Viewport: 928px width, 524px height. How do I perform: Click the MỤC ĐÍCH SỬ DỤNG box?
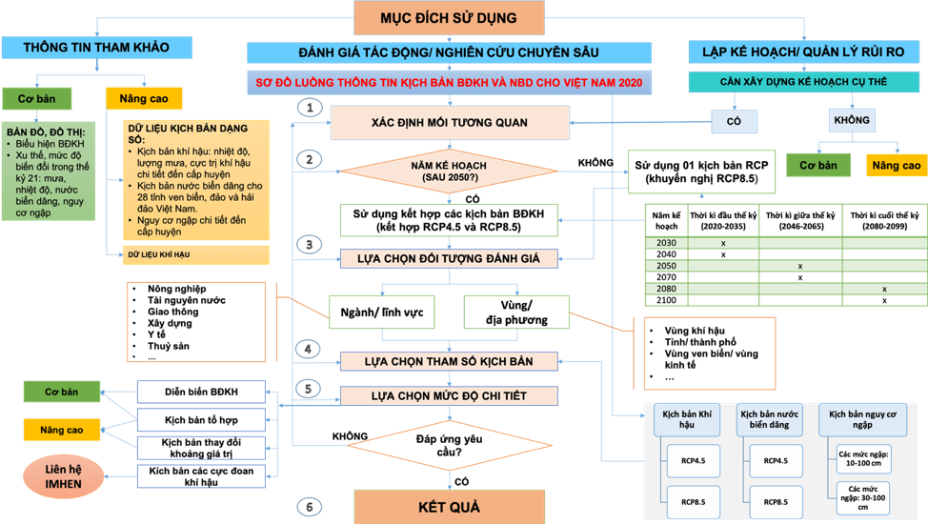tap(449, 18)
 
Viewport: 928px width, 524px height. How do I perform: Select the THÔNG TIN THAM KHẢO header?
tap(95, 47)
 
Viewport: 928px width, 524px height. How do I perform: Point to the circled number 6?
tap(308, 506)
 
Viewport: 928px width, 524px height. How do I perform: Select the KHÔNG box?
tap(851, 121)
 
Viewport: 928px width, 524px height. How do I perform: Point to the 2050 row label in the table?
tap(667, 266)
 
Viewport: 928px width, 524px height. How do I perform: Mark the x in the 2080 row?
tap(883, 289)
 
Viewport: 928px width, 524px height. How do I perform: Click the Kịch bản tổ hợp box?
tap(201, 418)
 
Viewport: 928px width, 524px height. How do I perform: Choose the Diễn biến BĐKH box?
tap(201, 392)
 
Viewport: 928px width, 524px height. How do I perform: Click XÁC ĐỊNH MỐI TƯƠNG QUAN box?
tap(441, 122)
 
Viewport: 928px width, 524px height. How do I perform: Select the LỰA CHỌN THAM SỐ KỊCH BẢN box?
tap(450, 361)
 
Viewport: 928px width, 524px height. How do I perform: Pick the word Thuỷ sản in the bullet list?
tap(170, 346)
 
